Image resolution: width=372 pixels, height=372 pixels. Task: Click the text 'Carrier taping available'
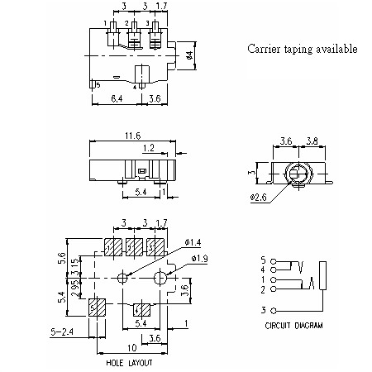[x=303, y=49]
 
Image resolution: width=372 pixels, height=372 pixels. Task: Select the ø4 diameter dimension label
[x=188, y=55]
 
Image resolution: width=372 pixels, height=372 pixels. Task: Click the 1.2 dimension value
[x=148, y=148]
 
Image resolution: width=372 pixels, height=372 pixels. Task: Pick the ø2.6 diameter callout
[x=258, y=198]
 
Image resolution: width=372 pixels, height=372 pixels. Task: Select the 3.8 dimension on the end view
[x=312, y=141]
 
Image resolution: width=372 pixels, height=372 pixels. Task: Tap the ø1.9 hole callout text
[x=200, y=260]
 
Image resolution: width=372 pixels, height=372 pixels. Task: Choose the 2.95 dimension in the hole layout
[x=74, y=287]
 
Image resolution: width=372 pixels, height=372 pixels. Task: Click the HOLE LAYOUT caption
[x=129, y=363]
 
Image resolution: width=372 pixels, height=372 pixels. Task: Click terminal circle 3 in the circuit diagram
[x=273, y=310]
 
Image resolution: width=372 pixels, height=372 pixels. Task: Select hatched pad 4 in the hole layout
[x=141, y=310]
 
